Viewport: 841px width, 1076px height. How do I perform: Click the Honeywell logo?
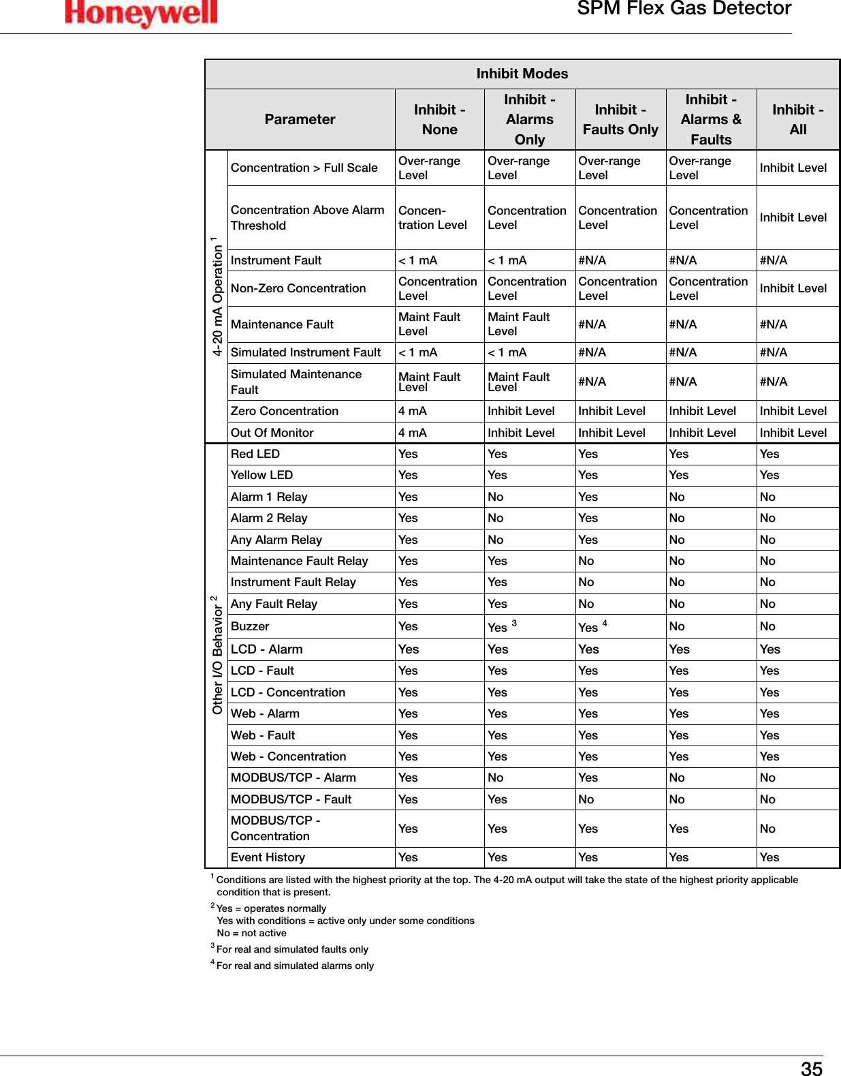pyautogui.click(x=141, y=13)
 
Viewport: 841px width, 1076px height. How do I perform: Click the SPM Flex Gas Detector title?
pyautogui.click(x=684, y=9)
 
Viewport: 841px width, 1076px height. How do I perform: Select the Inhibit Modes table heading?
pyautogui.click(x=522, y=74)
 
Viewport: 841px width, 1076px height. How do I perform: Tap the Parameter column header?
pyautogui.click(x=300, y=119)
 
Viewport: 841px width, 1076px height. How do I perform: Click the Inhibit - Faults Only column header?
pyautogui.click(x=620, y=119)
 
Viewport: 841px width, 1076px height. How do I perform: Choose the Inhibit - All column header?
pyautogui.click(x=797, y=119)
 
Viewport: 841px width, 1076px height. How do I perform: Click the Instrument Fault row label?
pyautogui.click(x=276, y=260)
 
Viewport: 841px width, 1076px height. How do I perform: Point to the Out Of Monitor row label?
pyautogui.click(x=272, y=433)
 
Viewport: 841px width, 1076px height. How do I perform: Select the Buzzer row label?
pyautogui.click(x=250, y=626)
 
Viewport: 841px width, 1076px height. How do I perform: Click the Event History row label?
pyautogui.click(x=268, y=857)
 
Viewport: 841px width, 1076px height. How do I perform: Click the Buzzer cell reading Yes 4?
pyautogui.click(x=592, y=626)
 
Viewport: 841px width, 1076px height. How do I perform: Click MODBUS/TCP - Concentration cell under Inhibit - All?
pyautogui.click(x=767, y=829)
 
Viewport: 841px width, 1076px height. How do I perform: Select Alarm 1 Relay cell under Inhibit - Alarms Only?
pyautogui.click(x=496, y=497)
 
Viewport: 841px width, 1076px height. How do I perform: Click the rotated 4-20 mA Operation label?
pyautogui.click(x=217, y=297)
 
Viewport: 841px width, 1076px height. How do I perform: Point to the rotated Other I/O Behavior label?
pyautogui.click(x=217, y=655)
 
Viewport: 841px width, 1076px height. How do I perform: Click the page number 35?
pyautogui.click(x=811, y=1069)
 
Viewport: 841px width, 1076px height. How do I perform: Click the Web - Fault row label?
pyautogui.click(x=263, y=735)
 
